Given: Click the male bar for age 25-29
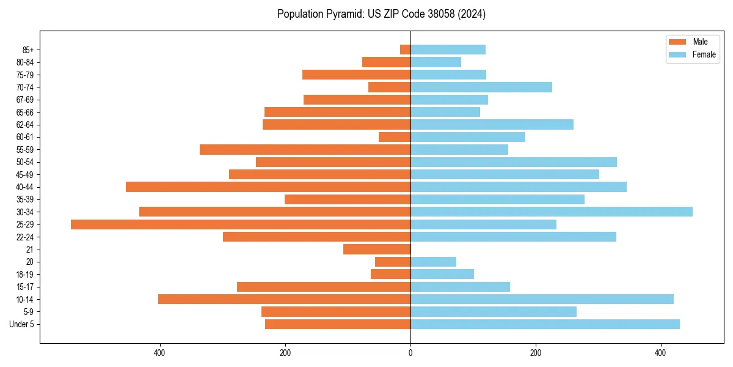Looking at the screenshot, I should tap(241, 224).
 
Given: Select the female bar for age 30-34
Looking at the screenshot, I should tap(551, 212).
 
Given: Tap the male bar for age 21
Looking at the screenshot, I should tap(377, 249).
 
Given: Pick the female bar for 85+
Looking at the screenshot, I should tap(448, 50).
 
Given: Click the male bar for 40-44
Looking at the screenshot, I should tap(268, 187).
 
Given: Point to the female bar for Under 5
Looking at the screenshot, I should tap(545, 324).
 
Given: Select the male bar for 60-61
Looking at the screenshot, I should tap(395, 137).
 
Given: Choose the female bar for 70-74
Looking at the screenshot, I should tap(481, 87).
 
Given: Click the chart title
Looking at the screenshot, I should tap(381, 14).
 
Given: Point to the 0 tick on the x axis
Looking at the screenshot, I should tap(410, 354).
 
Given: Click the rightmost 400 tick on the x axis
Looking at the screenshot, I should tap(660, 354).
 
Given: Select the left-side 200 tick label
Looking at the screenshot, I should tap(285, 354).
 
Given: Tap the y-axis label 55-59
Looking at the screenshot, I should tap(25, 149).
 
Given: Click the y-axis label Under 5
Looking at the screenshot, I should tap(21, 324).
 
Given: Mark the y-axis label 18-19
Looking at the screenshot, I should tap(25, 274).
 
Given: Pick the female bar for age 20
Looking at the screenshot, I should tap(433, 262).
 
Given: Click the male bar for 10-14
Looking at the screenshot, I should tap(284, 299).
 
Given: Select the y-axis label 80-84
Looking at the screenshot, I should tap(25, 62).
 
